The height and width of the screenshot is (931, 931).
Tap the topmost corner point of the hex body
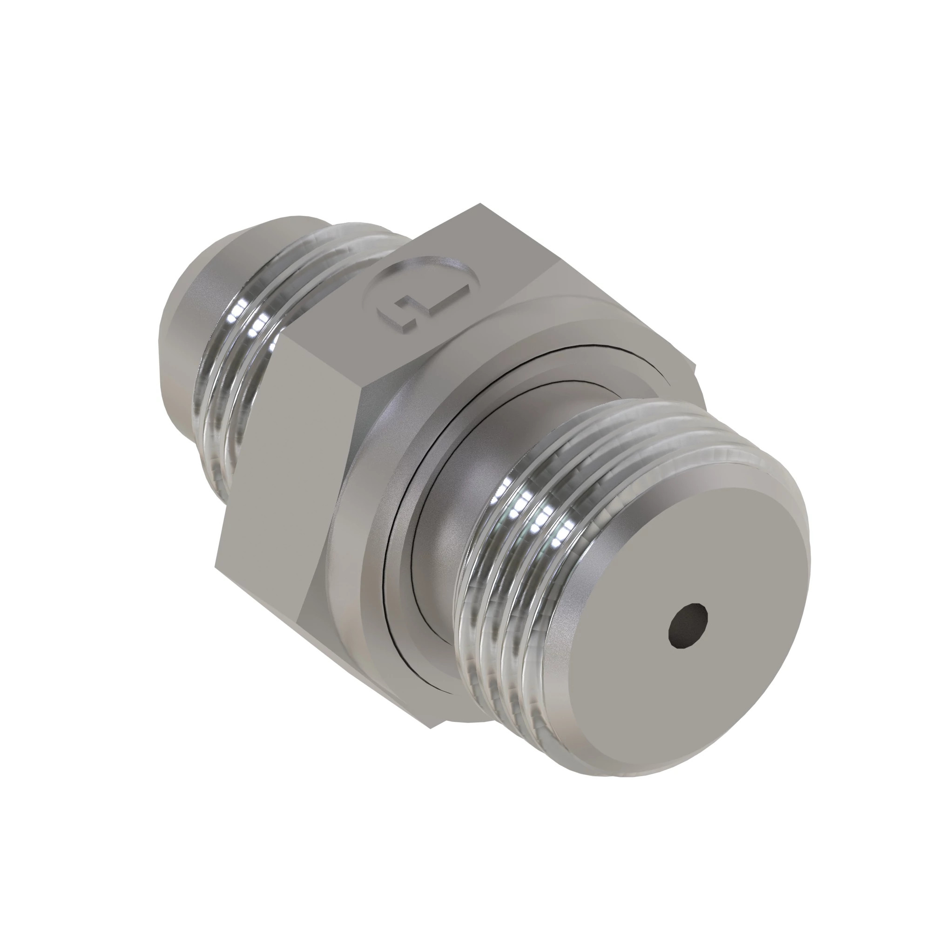(479, 204)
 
